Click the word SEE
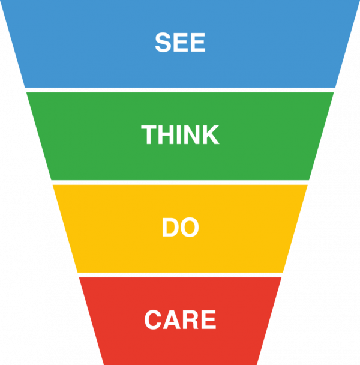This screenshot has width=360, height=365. tap(180, 43)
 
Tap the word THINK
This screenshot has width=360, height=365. tap(180, 136)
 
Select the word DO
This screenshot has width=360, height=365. tap(180, 228)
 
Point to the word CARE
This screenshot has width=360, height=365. tap(180, 320)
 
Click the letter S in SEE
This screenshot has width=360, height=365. tap(163, 43)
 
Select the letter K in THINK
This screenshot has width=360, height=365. tap(210, 136)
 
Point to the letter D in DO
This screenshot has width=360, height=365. tap(170, 228)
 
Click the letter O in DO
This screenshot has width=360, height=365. tap(189, 228)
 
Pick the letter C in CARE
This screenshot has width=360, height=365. tap(154, 320)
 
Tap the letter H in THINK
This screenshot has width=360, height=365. tap(166, 136)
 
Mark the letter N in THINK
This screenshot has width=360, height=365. tap(191, 136)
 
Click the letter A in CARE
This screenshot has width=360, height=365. tap(172, 320)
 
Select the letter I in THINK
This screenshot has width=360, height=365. tap(179, 136)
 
